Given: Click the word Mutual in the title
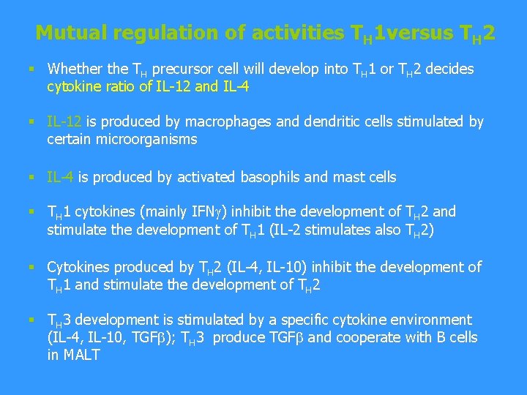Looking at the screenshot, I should tap(68, 33).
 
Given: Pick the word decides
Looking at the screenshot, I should tap(449, 69).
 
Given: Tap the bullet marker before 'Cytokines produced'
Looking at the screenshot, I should tap(31, 268).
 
